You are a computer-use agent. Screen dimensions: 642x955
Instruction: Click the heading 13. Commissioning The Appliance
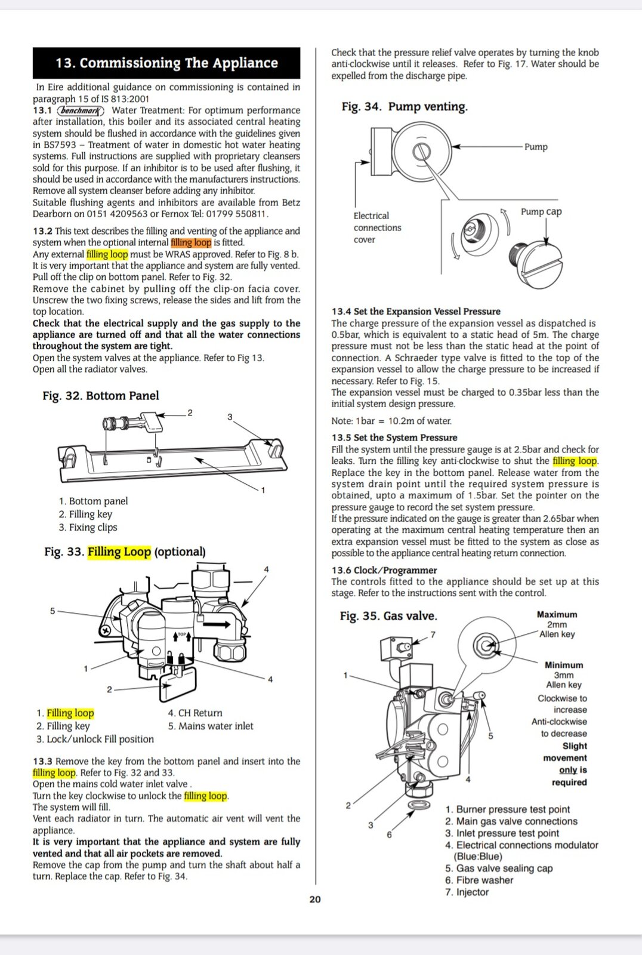166,63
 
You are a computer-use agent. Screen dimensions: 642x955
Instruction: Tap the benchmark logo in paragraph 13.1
81,111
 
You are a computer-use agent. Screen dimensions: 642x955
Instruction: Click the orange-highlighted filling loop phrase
191,242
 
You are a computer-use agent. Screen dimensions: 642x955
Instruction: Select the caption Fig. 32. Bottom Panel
101,396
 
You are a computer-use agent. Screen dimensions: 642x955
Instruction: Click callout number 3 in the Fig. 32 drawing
230,417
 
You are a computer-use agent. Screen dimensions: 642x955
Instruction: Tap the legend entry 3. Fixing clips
88,528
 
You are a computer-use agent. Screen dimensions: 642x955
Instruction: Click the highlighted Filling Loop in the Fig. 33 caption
119,552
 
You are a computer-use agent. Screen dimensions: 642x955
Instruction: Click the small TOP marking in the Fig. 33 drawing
182,634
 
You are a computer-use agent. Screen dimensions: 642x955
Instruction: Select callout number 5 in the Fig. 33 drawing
53,611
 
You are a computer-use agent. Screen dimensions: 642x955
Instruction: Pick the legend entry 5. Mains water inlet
211,726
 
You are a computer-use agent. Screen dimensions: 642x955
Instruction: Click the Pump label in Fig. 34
536,147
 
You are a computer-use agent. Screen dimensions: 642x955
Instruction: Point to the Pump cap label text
541,212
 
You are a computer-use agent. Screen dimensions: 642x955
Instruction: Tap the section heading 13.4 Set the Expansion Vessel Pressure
416,311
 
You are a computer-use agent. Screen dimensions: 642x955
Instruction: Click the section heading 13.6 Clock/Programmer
384,570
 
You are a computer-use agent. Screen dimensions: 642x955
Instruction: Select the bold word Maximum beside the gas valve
557,614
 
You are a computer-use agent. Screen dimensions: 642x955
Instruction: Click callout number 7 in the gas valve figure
433,635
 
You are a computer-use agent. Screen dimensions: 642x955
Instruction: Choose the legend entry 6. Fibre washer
479,880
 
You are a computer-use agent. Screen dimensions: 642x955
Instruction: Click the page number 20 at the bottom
315,899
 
